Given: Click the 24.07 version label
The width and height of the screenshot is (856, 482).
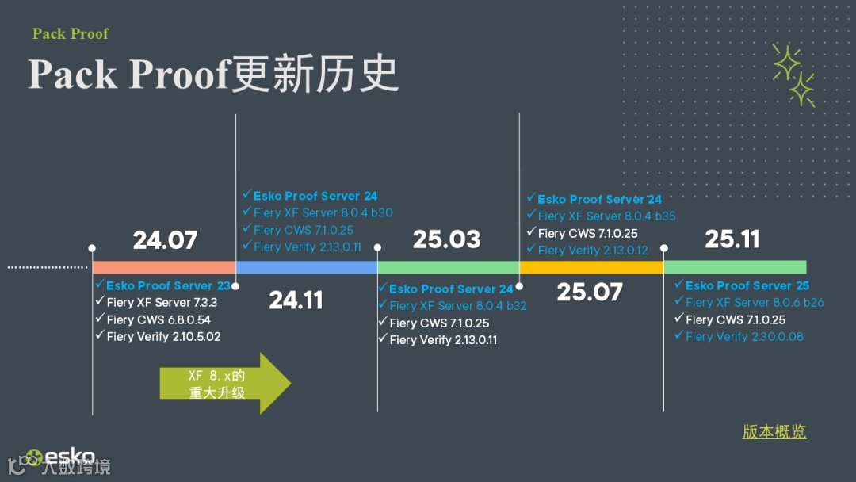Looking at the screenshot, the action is pos(165,239).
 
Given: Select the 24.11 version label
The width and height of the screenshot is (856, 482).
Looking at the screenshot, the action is pos(296,300).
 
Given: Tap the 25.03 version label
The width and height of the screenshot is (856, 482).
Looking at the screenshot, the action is pos(446,239).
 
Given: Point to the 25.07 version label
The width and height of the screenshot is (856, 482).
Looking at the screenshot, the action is pos(589,292).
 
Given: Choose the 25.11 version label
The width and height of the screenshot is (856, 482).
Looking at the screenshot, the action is pos(732,239).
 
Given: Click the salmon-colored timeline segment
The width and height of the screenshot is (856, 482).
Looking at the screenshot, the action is pos(164,267).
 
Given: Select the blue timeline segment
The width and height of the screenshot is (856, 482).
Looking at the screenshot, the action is pos(306,267).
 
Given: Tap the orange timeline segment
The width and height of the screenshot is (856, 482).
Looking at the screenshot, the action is pos(591,267).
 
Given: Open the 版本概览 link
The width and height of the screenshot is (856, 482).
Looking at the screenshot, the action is pos(774,432).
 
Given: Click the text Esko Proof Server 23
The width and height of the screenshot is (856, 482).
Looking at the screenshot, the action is pos(168,285).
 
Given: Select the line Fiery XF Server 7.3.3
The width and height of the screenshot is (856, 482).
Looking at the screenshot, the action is pos(162,302).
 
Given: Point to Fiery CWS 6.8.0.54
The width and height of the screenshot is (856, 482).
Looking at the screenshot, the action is pos(159,319).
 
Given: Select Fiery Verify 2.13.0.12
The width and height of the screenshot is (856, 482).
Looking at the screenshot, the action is pos(592,250).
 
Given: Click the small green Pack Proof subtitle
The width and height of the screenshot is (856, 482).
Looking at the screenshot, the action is pos(70,33).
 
